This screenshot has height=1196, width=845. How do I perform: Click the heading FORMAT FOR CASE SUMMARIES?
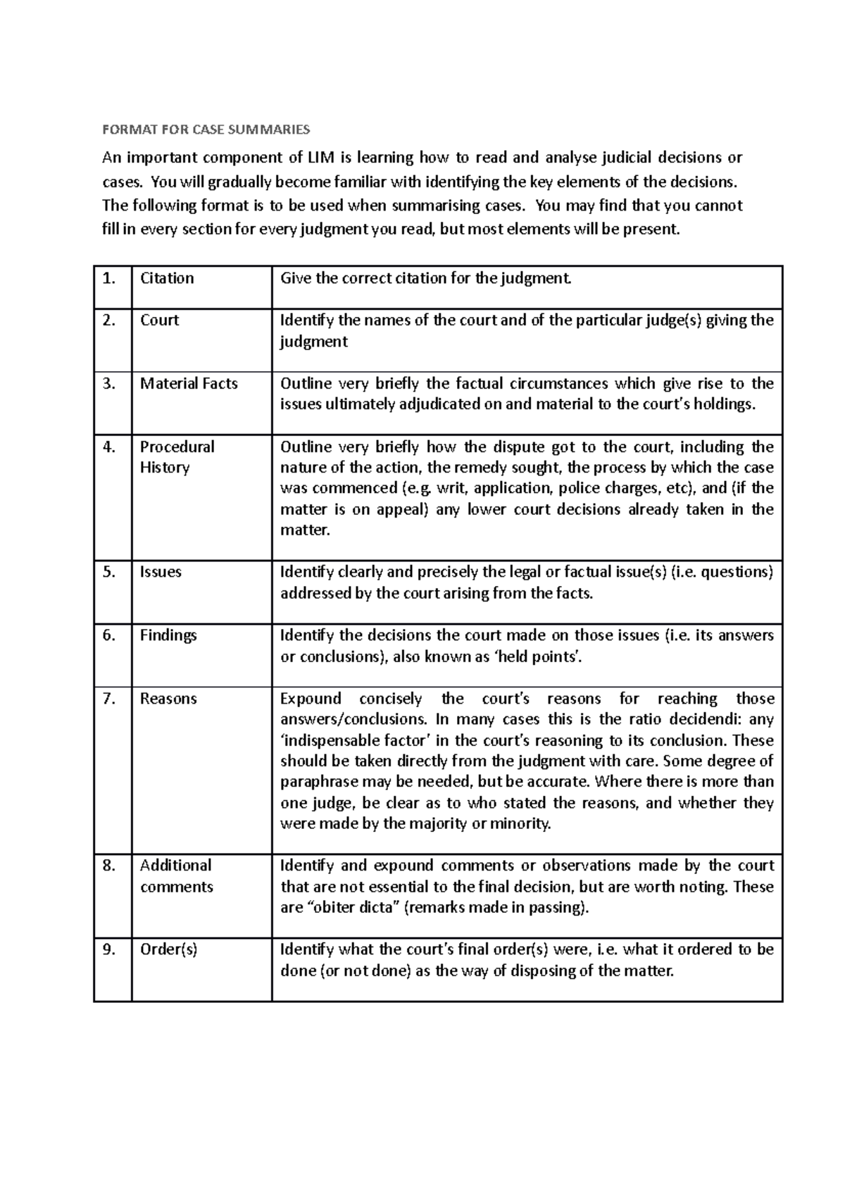coord(206,130)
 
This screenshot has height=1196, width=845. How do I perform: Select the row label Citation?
coord(167,278)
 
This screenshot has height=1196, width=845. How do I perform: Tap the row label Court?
coord(159,320)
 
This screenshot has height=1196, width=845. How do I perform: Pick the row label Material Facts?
coord(189,383)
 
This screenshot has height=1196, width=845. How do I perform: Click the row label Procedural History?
coord(177,456)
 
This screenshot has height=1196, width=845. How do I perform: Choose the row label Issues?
coord(161,572)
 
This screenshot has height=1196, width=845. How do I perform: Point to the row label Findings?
coord(168,635)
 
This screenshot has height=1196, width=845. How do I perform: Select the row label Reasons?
coord(168,699)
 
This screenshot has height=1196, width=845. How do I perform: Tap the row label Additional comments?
coord(176,876)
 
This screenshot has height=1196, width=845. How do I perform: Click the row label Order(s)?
coord(169,949)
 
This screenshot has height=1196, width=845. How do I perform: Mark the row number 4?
coord(108,447)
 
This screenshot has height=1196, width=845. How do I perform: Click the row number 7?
coord(108,699)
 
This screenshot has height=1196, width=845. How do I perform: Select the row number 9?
coord(108,949)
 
